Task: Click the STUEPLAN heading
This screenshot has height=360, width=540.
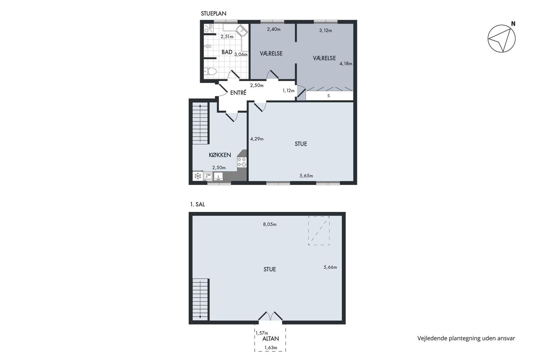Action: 214,14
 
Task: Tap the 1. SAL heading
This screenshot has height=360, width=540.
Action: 197,205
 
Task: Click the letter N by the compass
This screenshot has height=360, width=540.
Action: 513,24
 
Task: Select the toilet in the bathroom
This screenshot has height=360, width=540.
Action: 210,71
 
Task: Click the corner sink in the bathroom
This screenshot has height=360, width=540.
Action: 242,30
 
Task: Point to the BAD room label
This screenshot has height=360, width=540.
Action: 227,52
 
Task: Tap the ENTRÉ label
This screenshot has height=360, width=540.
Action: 238,93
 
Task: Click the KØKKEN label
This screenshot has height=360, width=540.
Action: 220,155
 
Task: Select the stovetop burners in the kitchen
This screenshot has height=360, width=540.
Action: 242,162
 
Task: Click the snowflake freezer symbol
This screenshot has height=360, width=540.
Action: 198,176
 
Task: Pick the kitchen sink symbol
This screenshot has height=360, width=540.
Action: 218,176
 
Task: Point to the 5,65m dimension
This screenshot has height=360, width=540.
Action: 306,176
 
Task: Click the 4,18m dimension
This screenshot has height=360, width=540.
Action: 346,64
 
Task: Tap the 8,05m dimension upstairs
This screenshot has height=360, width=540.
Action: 270,225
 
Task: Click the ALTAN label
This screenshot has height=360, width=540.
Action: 270,339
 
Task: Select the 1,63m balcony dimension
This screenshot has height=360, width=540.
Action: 271,348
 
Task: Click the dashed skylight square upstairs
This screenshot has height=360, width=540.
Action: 319,231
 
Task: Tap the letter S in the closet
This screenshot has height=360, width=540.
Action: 328,96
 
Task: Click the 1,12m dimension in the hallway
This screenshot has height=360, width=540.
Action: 289,91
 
